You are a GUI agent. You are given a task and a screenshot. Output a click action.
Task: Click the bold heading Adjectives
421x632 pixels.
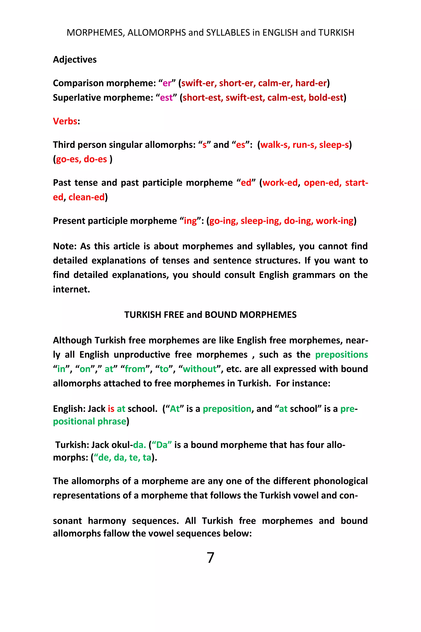pos(75,59)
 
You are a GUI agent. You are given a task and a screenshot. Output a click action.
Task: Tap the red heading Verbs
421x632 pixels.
pos(65,121)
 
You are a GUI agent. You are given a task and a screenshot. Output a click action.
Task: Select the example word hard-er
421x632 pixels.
pos(311,83)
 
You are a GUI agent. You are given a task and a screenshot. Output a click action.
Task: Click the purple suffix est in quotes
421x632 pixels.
pos(166,98)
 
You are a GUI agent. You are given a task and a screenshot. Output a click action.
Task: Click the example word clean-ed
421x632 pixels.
pos(87,197)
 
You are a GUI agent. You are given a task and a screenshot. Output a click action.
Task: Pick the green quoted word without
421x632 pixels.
pos(199,369)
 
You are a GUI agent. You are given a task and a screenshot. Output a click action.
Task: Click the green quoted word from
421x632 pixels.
pos(135,369)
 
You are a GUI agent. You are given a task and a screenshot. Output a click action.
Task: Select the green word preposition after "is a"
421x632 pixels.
pos(227,409)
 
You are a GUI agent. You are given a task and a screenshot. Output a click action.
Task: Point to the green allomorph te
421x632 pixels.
pos(133,457)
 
